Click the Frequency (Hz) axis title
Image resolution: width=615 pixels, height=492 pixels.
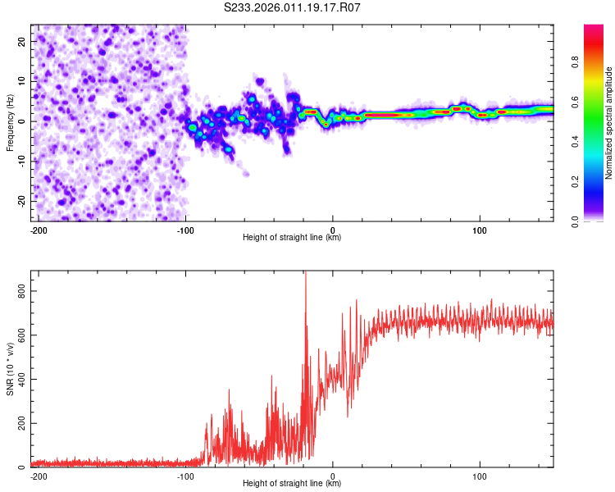10,122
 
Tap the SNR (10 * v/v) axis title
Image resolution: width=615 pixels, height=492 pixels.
10,369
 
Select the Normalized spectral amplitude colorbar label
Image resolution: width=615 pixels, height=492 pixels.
609,123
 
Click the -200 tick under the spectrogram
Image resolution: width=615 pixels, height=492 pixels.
38,229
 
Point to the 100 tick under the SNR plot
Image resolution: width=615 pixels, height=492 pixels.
480,475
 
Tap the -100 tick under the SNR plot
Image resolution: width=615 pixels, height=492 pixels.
184,475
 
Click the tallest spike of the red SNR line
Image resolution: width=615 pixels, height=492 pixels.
305,274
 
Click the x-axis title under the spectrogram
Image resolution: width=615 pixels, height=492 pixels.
292,238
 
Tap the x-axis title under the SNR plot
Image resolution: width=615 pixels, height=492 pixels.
292,484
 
